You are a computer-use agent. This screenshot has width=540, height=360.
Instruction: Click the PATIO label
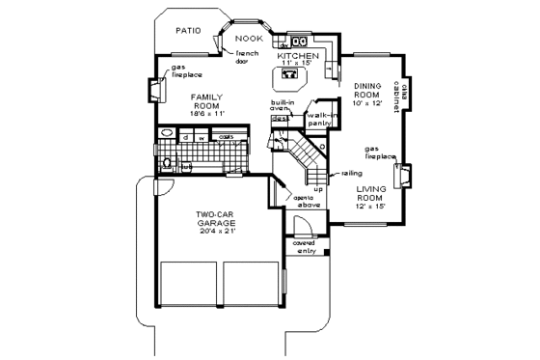(x=187, y=31)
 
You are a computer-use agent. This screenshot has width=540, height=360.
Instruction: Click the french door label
(x=248, y=56)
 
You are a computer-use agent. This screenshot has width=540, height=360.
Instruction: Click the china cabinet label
(x=406, y=98)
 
